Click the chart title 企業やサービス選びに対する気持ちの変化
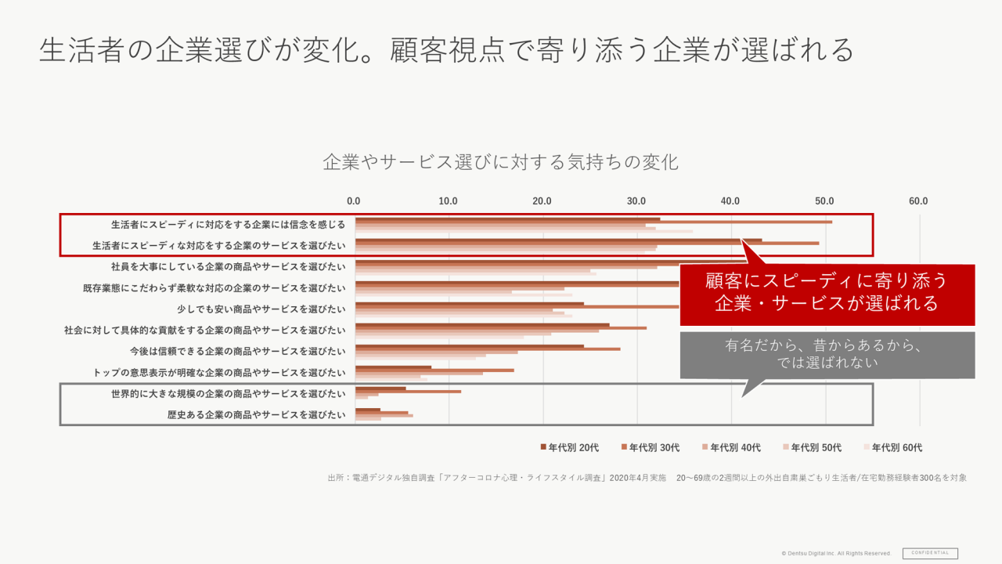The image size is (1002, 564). (500, 162)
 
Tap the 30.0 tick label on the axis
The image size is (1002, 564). (636, 201)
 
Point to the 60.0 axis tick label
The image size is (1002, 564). (918, 201)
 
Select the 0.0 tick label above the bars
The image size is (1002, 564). (354, 201)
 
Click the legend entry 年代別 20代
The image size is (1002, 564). (569, 447)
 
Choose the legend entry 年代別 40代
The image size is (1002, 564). (731, 447)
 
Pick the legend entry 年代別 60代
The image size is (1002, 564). (892, 447)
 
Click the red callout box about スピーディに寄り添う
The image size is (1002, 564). (827, 292)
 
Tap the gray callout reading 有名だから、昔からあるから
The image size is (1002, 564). (827, 354)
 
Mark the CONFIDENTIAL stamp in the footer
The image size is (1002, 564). (930, 553)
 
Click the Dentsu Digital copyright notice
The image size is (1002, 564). (836, 554)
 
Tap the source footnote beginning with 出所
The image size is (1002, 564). (647, 477)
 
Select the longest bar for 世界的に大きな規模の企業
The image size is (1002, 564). (408, 391)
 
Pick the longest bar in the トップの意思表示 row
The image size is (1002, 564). (434, 370)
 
